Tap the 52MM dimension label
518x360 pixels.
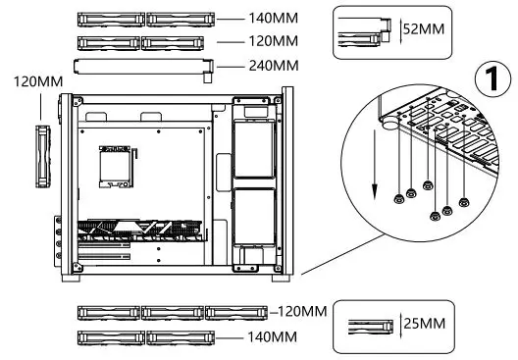(424, 28)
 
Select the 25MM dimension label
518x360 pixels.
(424, 323)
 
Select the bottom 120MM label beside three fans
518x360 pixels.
(299, 312)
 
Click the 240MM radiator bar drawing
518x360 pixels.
(145, 66)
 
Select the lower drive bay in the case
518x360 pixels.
(253, 218)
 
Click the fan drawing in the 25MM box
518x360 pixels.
(367, 323)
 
